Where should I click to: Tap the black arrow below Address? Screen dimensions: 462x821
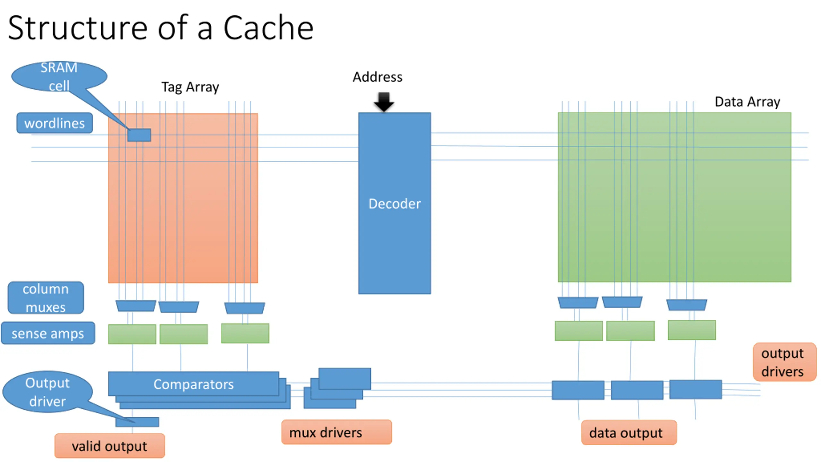(x=384, y=101)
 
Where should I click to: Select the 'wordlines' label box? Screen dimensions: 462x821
(x=55, y=123)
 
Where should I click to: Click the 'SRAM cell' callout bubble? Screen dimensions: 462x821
(x=59, y=76)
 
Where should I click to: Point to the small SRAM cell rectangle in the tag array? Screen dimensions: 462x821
(x=139, y=135)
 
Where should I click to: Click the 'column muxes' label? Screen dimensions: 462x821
(x=46, y=298)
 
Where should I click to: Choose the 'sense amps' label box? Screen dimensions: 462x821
(x=48, y=333)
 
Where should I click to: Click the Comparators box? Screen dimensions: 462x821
(x=193, y=384)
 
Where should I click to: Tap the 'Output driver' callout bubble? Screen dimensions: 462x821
(x=47, y=392)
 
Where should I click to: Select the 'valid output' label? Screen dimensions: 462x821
(x=110, y=446)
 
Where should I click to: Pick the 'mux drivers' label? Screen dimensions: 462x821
(x=336, y=432)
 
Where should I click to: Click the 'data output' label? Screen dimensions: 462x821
(x=629, y=432)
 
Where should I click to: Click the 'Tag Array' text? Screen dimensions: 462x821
(x=190, y=87)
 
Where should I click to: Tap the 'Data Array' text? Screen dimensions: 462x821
(x=747, y=102)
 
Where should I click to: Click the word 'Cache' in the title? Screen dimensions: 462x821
(x=268, y=28)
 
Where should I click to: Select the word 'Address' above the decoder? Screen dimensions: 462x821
(x=377, y=77)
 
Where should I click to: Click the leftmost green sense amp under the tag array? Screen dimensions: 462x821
(x=132, y=334)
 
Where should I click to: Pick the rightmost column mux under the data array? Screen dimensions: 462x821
(x=687, y=305)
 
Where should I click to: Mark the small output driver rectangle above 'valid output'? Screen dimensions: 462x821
(x=137, y=422)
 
